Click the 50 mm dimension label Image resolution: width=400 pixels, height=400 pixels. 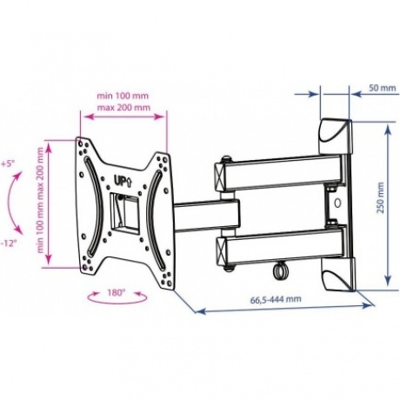(382, 88)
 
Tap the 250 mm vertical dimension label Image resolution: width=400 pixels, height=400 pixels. (380, 198)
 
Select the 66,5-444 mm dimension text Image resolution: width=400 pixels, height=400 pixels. (276, 299)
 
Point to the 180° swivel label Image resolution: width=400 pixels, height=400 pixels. (116, 292)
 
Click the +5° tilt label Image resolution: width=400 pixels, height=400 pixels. (8, 163)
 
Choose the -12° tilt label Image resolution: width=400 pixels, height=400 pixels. (8, 243)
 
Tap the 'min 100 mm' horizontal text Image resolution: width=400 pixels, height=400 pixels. (123, 96)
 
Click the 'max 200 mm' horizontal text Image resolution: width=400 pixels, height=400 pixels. (123, 108)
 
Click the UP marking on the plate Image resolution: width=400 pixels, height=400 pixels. (121, 183)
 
